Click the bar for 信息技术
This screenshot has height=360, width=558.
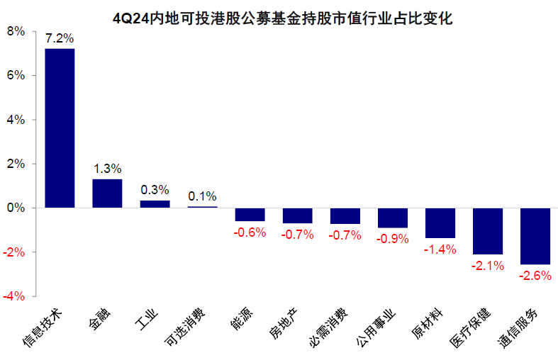pos(60,128)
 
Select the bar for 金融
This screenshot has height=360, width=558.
pos(107,193)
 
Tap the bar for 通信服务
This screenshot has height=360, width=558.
pos(535,236)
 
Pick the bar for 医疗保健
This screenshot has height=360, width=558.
pos(488,231)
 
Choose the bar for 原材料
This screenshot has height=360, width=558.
pos(440,223)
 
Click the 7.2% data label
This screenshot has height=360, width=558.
pos(60,38)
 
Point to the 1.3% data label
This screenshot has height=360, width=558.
pos(107,169)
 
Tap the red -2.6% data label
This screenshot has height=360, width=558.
pos(535,276)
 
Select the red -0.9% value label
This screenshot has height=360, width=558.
pos(393,239)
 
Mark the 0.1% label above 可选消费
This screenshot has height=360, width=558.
pos(202,196)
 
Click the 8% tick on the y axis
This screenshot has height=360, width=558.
pos(16,31)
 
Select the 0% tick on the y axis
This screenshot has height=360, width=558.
pos(16,208)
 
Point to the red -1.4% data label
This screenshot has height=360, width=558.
pos(440,249)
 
